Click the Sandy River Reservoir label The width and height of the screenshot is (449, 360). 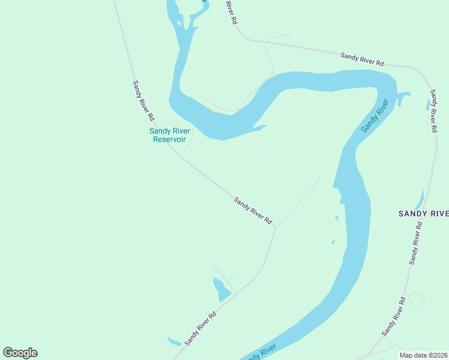point(169,135)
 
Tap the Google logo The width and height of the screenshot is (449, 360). point(20,353)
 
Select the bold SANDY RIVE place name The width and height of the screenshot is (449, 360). point(424,214)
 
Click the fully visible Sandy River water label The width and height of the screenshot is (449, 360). point(375,116)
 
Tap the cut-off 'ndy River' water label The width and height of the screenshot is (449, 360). point(261,353)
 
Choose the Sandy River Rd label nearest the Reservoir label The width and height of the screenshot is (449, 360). point(143,100)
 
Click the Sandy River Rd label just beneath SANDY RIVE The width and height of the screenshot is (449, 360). point(416,243)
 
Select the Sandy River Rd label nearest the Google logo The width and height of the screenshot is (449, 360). point(200,328)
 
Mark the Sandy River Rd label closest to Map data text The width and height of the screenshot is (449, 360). point(394,316)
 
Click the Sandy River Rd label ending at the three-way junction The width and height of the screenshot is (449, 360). point(253,211)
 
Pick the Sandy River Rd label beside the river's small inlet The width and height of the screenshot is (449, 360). point(433,111)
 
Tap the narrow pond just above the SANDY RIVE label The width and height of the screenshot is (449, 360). point(419,200)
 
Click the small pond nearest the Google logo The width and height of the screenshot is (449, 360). point(174,342)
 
